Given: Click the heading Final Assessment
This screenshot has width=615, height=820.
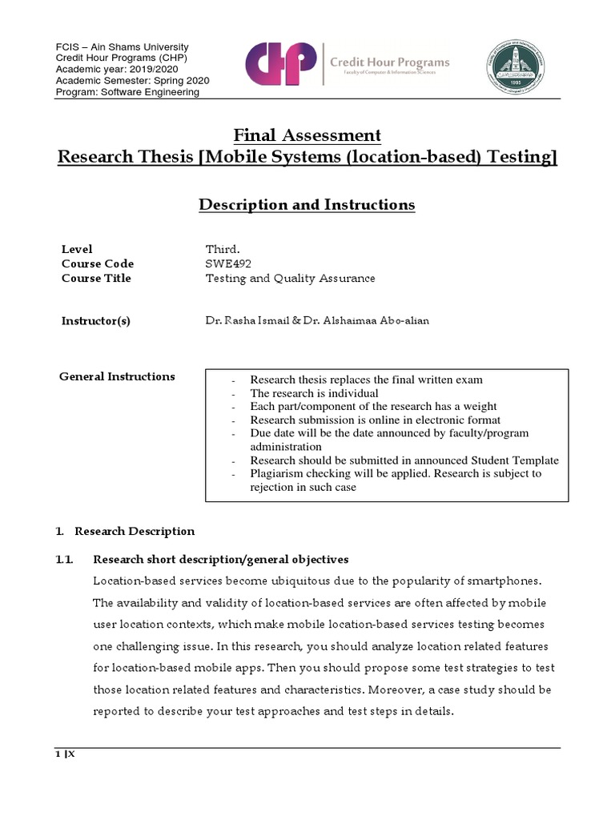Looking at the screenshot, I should (x=307, y=135).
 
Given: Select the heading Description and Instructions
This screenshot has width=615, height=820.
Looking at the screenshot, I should (x=307, y=205).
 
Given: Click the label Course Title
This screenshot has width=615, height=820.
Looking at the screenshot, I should (x=96, y=278).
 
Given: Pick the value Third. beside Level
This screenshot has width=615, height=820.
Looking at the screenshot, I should (x=223, y=249).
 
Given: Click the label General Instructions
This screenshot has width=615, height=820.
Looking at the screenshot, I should (x=117, y=376).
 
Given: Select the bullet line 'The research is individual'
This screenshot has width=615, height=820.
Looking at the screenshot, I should (x=314, y=393).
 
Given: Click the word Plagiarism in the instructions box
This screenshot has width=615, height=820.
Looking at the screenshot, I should (x=277, y=473).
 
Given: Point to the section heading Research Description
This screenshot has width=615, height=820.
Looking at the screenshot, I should (x=134, y=531).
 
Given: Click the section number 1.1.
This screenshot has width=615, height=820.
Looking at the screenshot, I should (x=65, y=559).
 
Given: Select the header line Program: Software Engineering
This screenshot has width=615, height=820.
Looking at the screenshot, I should (x=127, y=92).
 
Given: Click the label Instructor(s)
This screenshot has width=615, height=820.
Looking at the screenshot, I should (x=96, y=321).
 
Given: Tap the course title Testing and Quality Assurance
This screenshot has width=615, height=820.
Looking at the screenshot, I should (x=290, y=278).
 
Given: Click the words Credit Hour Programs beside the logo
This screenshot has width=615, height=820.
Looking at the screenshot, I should (x=389, y=62).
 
